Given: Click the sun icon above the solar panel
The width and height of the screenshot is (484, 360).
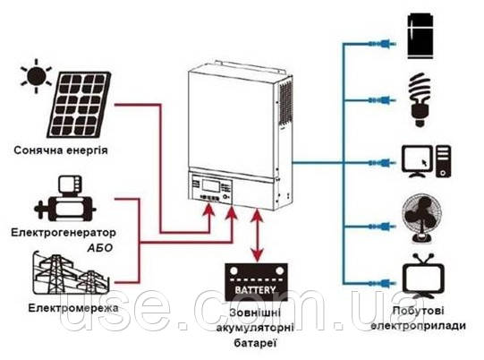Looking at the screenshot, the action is tap(36, 76).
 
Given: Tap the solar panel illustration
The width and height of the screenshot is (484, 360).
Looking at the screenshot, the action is tap(79, 105).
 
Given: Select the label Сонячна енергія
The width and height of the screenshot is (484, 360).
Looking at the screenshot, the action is tap(61, 150).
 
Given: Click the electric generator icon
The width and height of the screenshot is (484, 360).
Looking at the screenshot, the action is tap(65, 199).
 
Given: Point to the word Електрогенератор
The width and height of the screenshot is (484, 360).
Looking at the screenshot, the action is tap(64, 232).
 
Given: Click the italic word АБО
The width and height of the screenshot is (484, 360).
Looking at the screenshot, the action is tap(99, 248).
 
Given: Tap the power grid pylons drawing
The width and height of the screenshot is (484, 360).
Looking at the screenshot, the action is tap(71, 273).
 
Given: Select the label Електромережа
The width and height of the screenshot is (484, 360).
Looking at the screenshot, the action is tap(73, 308).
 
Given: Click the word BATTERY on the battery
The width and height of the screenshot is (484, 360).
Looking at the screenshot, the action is tap(255, 290).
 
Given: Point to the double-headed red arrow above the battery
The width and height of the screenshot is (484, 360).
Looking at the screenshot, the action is tap(258, 236).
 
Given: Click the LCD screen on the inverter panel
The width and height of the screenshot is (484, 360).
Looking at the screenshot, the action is tap(211, 185).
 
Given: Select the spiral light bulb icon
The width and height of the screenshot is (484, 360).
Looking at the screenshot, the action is tap(420, 99).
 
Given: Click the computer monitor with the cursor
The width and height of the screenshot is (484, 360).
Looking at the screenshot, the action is tap(417, 161).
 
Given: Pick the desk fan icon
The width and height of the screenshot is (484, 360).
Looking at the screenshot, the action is tap(421, 218).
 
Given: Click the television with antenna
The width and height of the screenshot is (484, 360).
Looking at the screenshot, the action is tap(423, 276).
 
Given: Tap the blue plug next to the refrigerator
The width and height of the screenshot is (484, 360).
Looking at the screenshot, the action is tap(383, 44).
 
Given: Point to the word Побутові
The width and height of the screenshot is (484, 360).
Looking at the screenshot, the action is tap(419, 311).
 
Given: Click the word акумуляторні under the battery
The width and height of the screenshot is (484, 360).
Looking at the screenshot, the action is tap(255, 328).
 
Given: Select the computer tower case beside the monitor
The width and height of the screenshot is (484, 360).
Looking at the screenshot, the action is tap(443, 161).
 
